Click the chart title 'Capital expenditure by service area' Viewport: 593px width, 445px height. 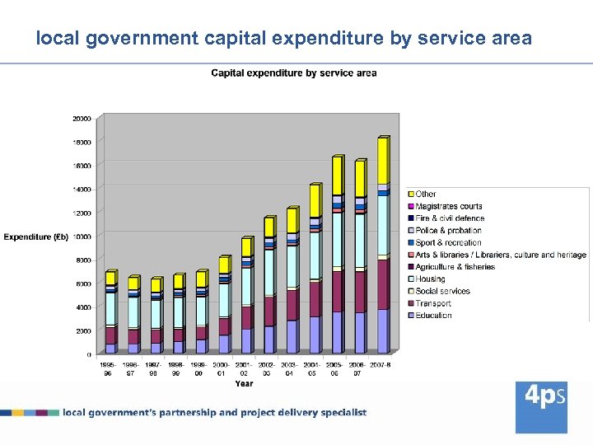(294, 73)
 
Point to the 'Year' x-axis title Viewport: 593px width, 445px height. (244, 383)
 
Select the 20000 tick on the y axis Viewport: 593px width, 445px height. (82, 119)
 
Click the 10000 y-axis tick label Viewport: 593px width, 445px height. (82, 237)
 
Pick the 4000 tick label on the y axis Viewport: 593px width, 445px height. (83, 307)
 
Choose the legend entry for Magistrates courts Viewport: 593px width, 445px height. (448, 206)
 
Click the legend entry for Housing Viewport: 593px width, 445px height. (430, 279)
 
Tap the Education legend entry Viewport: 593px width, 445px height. (433, 316)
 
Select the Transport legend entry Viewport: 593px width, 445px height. (433, 303)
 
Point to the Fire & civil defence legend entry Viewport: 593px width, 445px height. (449, 218)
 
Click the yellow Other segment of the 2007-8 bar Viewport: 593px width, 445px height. (382, 161)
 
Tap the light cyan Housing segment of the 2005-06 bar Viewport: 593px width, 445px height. (337, 239)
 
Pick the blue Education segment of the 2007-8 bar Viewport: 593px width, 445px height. (382, 331)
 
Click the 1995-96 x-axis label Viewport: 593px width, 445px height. (108, 368)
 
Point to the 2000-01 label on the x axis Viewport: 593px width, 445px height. (222, 368)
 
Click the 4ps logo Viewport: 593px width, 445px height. (541, 406)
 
